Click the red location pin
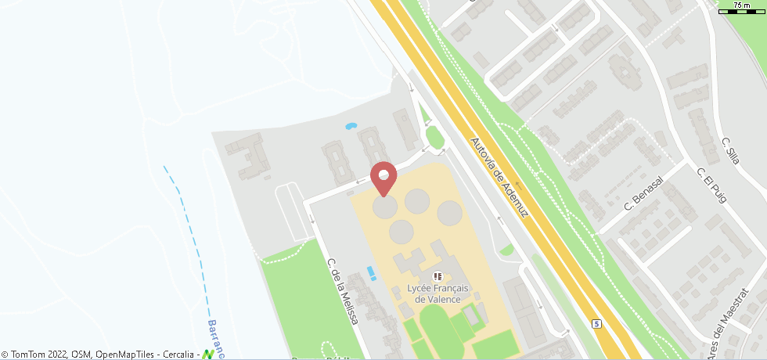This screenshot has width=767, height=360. click(383, 177)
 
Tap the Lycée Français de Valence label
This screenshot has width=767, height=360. click(438, 293)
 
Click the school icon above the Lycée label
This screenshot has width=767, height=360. click(438, 276)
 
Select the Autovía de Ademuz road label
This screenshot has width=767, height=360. click(502, 178)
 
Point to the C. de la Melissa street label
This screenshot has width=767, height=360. click(343, 291)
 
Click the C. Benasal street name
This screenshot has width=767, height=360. click(643, 194)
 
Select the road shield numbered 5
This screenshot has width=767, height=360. click(596, 323)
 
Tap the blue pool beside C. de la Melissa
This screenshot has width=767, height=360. click(371, 273)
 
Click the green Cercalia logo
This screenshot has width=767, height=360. click(207, 355)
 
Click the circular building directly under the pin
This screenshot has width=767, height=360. click(384, 207)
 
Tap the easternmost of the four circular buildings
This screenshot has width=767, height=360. click(449, 212)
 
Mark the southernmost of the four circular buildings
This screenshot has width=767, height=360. click(402, 231)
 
